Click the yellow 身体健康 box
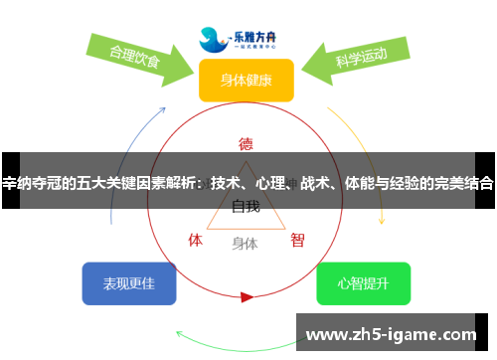[x=247, y=80]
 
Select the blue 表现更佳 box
[x=129, y=283]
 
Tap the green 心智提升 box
[x=363, y=283]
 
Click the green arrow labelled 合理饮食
[x=139, y=57]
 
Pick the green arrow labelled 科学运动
[x=355, y=60]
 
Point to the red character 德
[x=246, y=142]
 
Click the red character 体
[x=196, y=240]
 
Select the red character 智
[x=297, y=240]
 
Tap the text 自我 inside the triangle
[x=246, y=207]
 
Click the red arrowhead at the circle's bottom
[x=247, y=296]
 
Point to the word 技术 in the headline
[x=224, y=183]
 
